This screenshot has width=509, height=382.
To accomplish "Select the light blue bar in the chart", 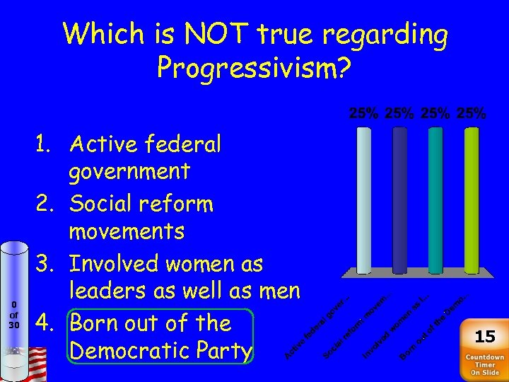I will pos(363,200).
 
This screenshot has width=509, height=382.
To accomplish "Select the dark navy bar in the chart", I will pos(399,200).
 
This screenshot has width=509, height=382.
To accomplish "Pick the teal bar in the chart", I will pos(435,200).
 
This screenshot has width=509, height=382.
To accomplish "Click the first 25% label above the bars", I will pos(363,112).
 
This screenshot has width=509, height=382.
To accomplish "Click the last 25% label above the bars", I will pos(471,112).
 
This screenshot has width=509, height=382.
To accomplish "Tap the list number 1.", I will pos(47,145).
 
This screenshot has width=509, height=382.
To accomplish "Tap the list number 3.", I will pos(47,265).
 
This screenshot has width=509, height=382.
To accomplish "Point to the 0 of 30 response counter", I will pos(13,315).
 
